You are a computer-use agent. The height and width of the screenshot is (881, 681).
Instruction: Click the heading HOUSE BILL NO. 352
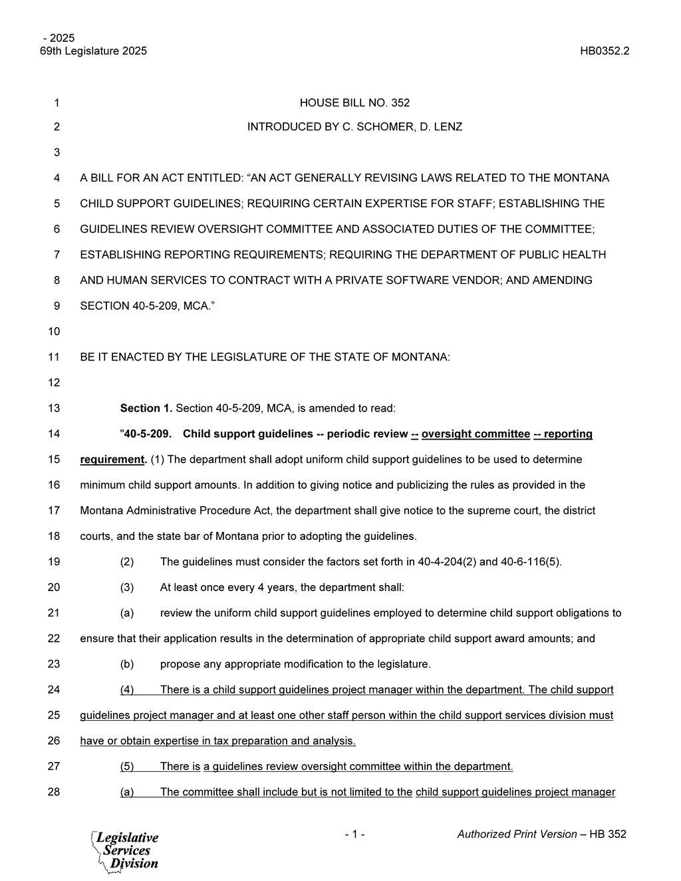(x=354, y=102)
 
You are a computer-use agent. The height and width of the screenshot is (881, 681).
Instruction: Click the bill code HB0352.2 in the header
(x=604, y=51)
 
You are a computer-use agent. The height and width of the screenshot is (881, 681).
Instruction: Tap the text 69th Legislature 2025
(x=94, y=51)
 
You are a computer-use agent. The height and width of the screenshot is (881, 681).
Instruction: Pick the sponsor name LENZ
(x=448, y=127)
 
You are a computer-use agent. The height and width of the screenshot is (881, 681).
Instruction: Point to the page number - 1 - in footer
(x=354, y=834)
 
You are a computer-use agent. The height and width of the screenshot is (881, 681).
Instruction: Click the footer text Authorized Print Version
(x=517, y=834)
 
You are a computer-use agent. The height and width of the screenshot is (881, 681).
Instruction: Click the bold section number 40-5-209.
(x=148, y=434)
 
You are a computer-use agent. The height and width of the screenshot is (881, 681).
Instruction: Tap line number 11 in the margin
(x=54, y=357)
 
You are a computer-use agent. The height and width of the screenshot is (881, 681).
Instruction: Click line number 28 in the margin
(x=54, y=792)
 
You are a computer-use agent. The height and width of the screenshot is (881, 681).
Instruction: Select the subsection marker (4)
(x=127, y=690)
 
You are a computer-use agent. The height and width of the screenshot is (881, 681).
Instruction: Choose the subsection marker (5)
(x=127, y=767)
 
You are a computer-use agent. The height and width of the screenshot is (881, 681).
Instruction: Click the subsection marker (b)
(x=127, y=664)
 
